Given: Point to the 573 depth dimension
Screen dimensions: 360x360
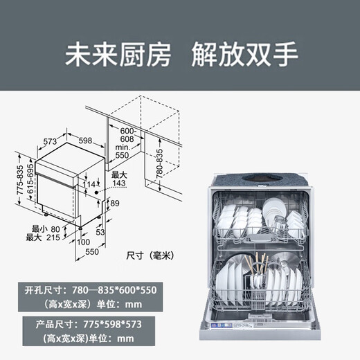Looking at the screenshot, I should pyautogui.click(x=48, y=141).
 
